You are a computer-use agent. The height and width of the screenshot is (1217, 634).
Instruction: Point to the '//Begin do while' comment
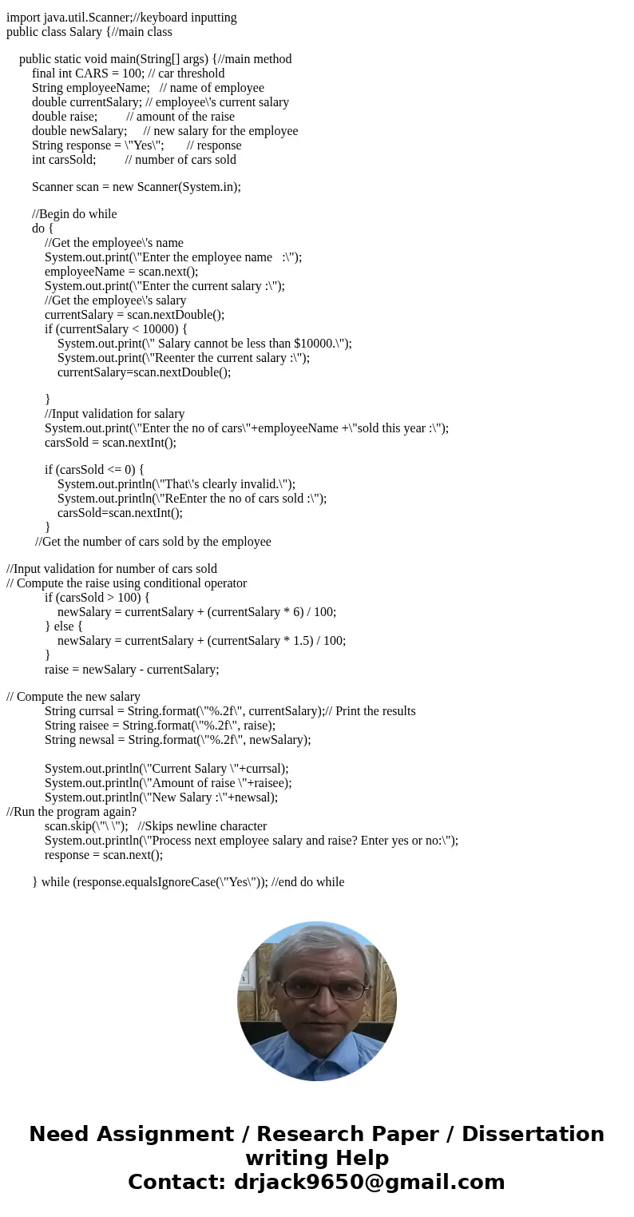pyautogui.click(x=74, y=213)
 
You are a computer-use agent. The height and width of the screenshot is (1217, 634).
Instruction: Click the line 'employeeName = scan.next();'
pyautogui.click(x=121, y=271)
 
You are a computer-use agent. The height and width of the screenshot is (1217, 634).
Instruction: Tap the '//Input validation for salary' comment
pyautogui.click(x=114, y=413)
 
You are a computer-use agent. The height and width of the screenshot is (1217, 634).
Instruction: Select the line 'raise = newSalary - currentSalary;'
pyautogui.click(x=132, y=669)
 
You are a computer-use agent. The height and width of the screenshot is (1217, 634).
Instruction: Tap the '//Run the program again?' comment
pyautogui.click(x=72, y=811)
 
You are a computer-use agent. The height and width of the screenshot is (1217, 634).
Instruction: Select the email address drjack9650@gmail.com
pyautogui.click(x=369, y=1182)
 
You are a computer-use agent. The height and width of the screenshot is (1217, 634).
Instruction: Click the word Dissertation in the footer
pyautogui.click(x=533, y=1134)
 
